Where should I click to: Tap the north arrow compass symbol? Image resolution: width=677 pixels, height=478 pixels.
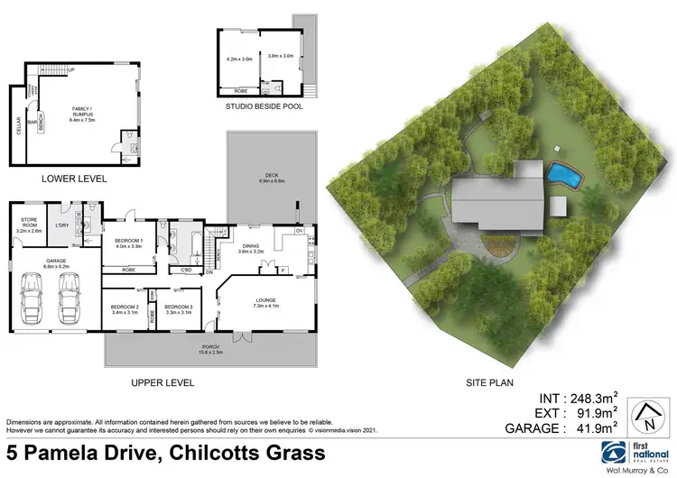(x=647, y=417)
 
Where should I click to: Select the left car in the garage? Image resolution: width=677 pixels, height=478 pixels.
(x=32, y=299)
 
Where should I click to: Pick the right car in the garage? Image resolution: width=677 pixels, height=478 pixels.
(x=71, y=299)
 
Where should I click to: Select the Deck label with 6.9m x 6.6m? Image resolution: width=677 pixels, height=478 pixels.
(x=272, y=179)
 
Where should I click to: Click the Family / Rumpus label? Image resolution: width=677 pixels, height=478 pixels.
(x=83, y=109)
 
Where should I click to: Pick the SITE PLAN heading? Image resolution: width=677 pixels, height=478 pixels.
(x=489, y=382)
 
